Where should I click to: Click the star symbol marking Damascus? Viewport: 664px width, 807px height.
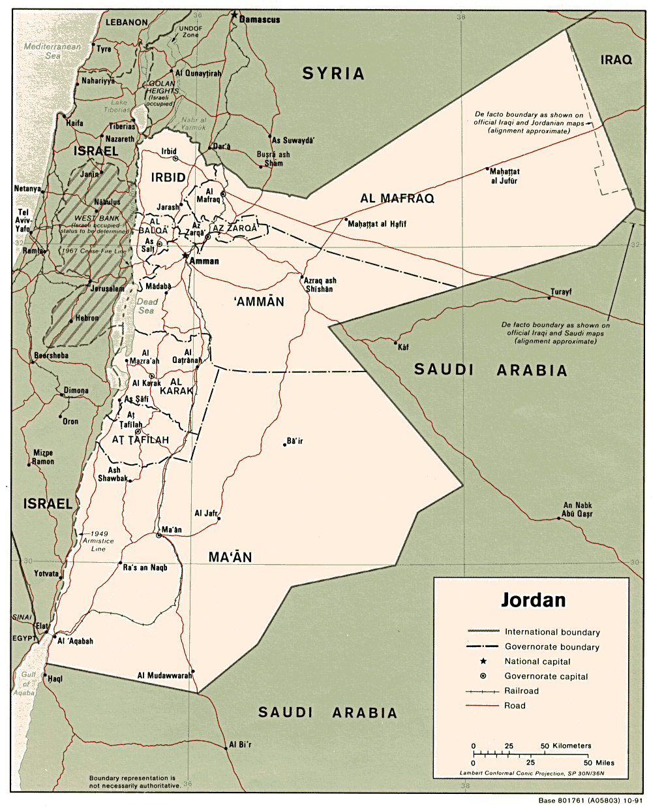point(234,14)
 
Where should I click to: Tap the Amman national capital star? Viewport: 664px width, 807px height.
point(185,255)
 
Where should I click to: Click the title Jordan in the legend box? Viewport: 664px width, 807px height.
point(533,599)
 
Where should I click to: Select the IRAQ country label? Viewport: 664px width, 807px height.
point(616,59)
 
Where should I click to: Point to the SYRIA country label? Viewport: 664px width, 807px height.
point(333,73)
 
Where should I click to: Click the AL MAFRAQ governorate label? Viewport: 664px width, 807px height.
point(397,198)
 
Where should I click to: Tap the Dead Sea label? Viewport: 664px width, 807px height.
point(147,306)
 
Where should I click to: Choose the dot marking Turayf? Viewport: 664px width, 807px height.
point(549,298)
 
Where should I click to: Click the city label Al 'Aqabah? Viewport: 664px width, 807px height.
point(75,641)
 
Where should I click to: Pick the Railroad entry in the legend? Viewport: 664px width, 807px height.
point(521,691)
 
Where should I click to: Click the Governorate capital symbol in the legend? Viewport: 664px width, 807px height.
point(483,676)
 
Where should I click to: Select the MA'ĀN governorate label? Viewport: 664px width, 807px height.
point(230,557)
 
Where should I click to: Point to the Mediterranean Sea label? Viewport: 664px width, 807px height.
point(52,51)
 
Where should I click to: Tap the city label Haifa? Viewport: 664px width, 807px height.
point(74,123)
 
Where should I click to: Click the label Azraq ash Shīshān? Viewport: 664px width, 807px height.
point(320,285)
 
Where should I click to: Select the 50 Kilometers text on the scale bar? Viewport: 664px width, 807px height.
point(566,746)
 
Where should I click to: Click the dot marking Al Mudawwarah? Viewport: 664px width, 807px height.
point(194,671)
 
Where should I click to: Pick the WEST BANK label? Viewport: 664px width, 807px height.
point(97,218)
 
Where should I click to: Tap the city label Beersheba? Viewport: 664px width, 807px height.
point(51,356)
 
